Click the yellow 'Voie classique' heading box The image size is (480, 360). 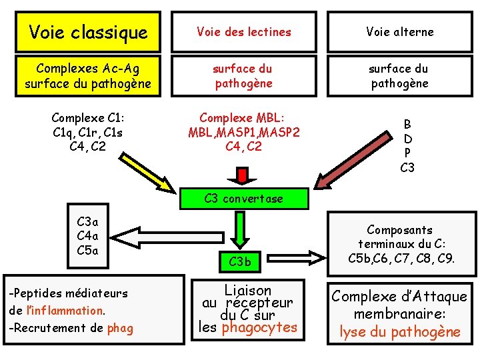pyautogui.click(x=88, y=32)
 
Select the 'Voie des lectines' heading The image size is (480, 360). pyautogui.click(x=243, y=32)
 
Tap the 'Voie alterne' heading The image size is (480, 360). pyautogui.click(x=399, y=32)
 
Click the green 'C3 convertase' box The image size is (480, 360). pyautogui.click(x=243, y=199)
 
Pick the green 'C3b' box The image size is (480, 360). pyautogui.click(x=240, y=262)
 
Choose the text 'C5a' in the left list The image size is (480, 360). pyautogui.click(x=88, y=251)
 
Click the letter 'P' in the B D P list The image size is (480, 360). pyautogui.click(x=407, y=153)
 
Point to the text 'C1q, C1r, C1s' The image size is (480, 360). pyautogui.click(x=88, y=132)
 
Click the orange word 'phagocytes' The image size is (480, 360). pyautogui.click(x=259, y=327)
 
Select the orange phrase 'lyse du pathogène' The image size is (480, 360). pyautogui.click(x=400, y=331)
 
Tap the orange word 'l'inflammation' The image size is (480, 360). pyautogui.click(x=64, y=310)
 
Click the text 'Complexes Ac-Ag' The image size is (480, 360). pyautogui.click(x=88, y=69)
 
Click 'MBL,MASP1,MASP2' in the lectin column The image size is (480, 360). pyautogui.click(x=243, y=132)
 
